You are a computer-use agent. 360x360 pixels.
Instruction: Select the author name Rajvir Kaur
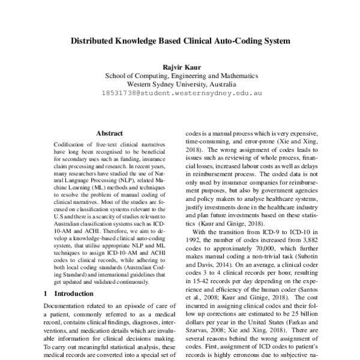point(181,67)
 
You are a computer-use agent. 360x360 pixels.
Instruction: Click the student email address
point(181,94)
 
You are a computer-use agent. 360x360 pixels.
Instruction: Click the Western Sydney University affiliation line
point(181,85)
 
